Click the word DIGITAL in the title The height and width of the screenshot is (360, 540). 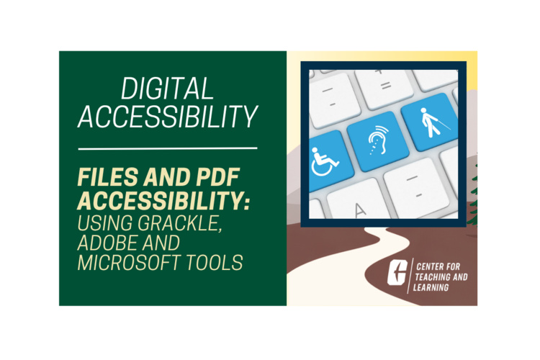[x=167, y=88]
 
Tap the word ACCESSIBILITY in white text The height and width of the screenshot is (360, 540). [x=168, y=117]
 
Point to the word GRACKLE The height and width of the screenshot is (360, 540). [x=179, y=223]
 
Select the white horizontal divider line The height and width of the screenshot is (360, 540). [x=168, y=148]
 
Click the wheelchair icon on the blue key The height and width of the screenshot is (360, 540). [x=324, y=162]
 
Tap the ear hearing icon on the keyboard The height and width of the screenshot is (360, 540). [x=378, y=140]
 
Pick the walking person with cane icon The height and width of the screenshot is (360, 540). [x=433, y=122]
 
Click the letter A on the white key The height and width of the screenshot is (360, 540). [x=359, y=210]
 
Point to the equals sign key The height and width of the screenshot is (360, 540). [x=385, y=84]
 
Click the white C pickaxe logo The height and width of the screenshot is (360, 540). [x=397, y=272]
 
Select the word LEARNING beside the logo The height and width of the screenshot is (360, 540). [x=431, y=287]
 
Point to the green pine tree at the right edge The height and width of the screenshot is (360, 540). [x=474, y=197]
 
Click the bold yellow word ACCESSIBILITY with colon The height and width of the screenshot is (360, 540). [x=163, y=200]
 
